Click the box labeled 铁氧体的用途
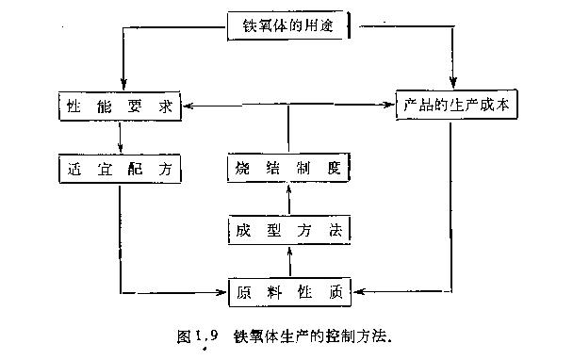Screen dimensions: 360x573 coord(288,25)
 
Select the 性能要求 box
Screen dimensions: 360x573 coord(120,106)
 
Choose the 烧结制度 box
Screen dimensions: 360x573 coord(289,169)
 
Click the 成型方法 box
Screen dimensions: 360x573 coord(289,228)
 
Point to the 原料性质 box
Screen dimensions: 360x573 coord(289,292)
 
